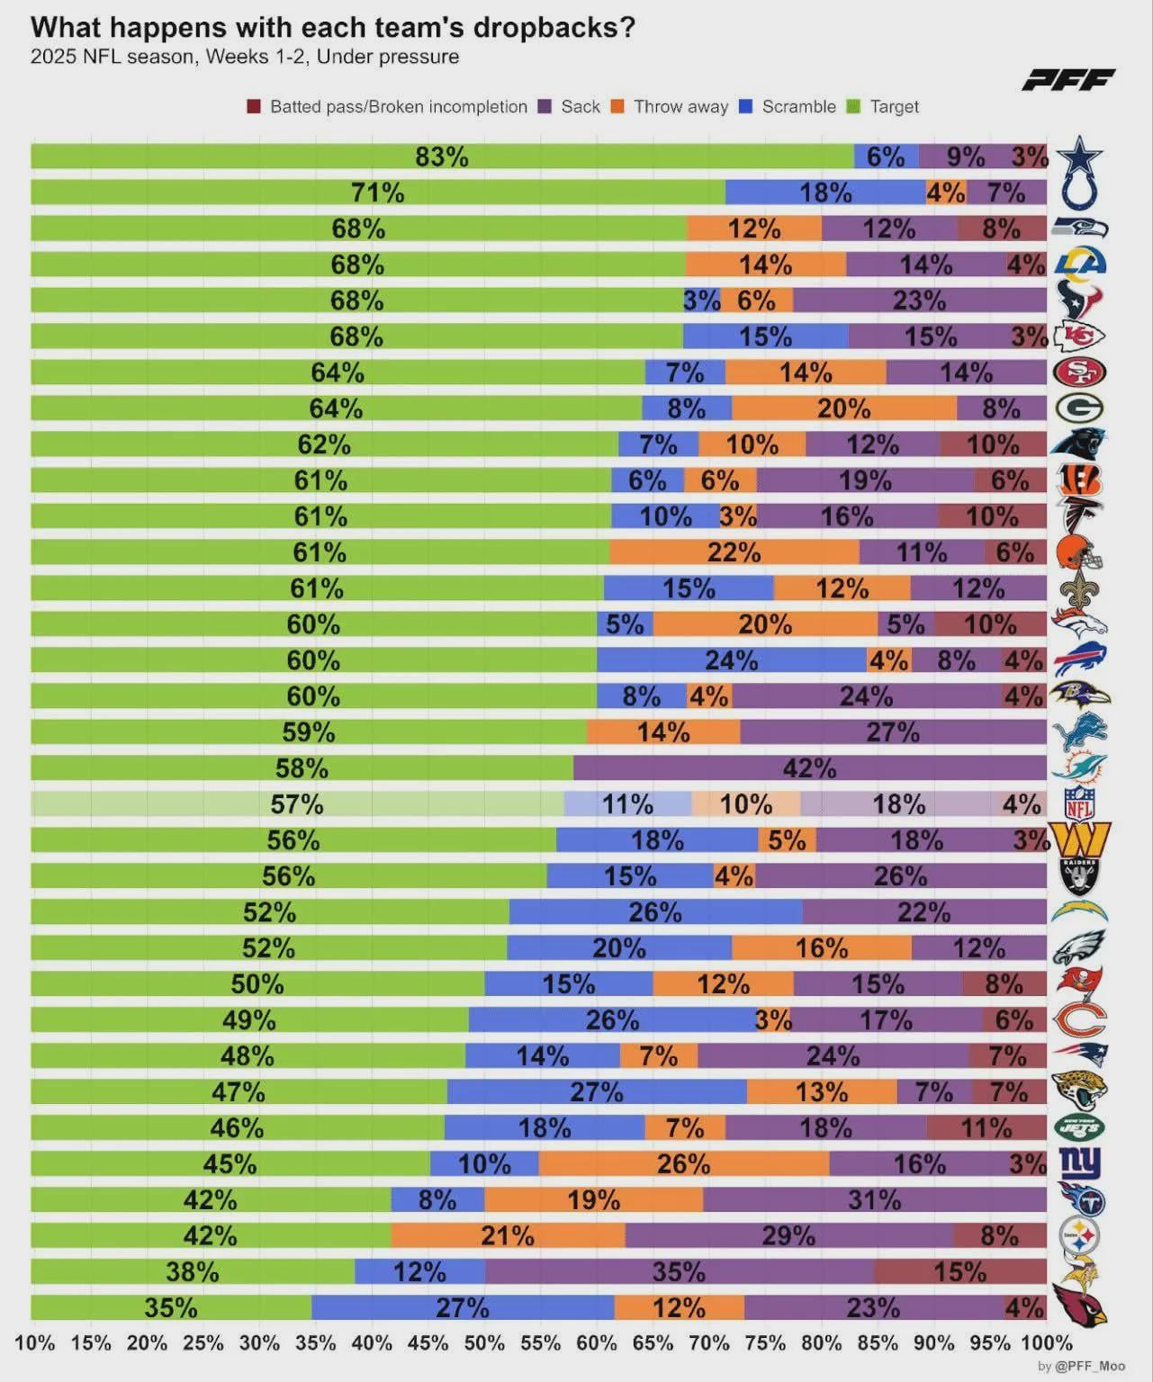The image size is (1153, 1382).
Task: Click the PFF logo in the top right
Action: point(1068,80)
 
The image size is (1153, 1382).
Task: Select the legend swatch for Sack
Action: point(545,107)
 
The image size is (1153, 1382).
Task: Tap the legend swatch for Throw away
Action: point(617,107)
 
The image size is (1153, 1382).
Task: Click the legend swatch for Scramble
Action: point(745,107)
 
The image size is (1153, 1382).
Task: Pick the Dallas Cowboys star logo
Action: point(1079,156)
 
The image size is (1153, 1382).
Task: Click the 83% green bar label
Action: point(442,157)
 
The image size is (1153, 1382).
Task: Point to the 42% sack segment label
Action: point(809,768)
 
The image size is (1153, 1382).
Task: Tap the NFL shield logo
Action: point(1078,803)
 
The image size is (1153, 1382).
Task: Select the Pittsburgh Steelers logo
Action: point(1079,1235)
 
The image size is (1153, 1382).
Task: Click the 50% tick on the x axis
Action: point(484,1343)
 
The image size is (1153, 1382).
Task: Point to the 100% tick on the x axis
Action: point(1047,1343)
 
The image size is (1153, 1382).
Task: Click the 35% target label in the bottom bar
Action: point(171,1307)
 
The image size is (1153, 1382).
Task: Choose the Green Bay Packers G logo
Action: point(1079,408)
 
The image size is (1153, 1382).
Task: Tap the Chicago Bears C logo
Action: point(1079,1019)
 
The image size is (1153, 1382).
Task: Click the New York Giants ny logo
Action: point(1079,1163)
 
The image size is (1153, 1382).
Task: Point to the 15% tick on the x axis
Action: point(91,1343)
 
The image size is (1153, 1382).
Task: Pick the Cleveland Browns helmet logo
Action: point(1079,552)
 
